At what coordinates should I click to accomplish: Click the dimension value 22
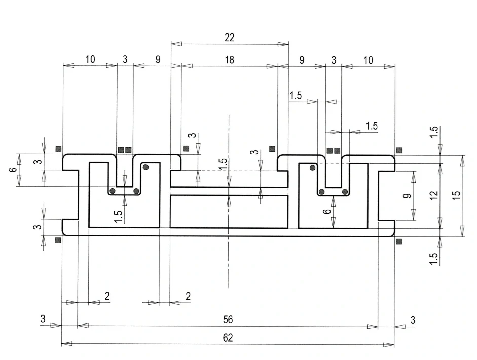[x=229, y=38]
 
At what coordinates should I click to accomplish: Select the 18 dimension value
[x=229, y=60]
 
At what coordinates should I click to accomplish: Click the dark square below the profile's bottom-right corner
[x=398, y=241]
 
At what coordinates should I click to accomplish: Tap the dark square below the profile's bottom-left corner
[x=58, y=240]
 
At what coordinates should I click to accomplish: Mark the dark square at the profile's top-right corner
[x=399, y=150]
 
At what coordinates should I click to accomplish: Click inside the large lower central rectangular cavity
[x=228, y=211]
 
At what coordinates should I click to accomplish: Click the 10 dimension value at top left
[x=90, y=59]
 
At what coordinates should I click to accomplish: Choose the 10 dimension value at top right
[x=368, y=60]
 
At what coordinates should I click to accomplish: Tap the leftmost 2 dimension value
[x=107, y=296]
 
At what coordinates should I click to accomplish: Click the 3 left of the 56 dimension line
[x=43, y=319]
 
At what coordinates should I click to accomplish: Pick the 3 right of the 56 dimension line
[x=413, y=319]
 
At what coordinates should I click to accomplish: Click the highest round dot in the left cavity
[x=145, y=167]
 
